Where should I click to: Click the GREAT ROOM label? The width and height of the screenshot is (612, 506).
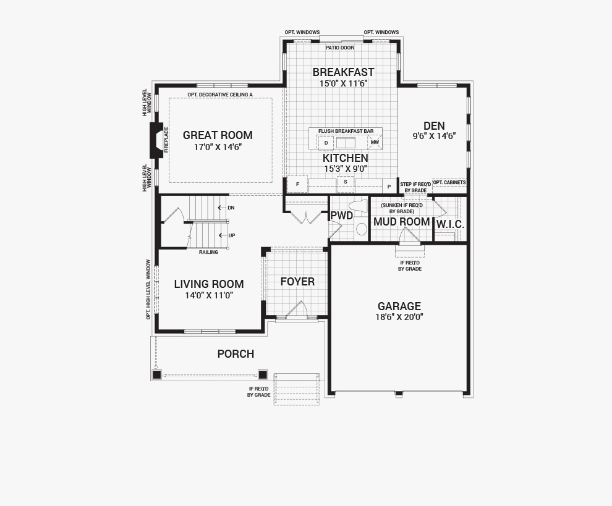218,135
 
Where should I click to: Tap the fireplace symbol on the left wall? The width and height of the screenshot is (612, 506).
156,140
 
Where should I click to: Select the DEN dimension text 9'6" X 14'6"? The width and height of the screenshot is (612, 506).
435,136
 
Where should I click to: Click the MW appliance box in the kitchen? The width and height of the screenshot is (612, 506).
375,142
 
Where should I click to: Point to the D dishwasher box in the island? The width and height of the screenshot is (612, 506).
326,143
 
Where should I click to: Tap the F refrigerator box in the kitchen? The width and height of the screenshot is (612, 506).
297,184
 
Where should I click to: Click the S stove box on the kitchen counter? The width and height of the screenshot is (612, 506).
346,182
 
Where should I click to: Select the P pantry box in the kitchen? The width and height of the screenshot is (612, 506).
389,187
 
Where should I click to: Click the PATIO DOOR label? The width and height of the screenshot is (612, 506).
340,48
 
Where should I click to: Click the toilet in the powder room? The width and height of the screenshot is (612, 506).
359,206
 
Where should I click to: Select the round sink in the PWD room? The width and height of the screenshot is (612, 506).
362,229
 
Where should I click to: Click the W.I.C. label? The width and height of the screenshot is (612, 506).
450,224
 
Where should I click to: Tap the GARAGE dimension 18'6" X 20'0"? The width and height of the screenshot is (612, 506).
399,317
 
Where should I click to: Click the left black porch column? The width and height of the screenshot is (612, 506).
156,375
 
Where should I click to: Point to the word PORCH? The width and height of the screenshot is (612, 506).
236,354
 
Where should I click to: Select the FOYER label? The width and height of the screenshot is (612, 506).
297,282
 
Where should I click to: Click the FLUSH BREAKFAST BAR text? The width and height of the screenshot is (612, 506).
346,131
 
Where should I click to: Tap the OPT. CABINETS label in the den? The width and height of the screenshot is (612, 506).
449,182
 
